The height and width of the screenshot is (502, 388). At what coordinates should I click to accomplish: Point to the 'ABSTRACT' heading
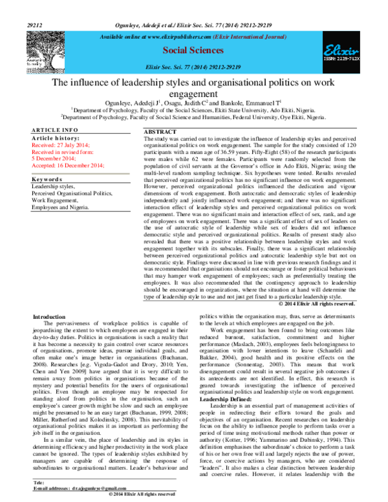[x=159, y=132]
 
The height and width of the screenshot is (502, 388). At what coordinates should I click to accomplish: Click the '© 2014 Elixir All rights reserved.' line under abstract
[x=316, y=303]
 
